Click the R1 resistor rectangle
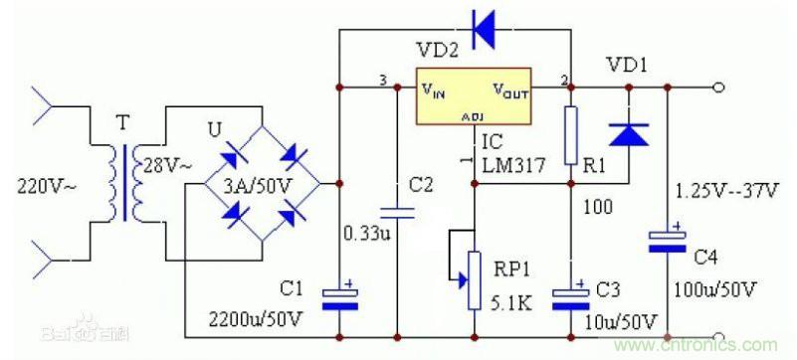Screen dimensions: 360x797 (x=570, y=137)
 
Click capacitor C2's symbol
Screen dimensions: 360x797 (x=397, y=211)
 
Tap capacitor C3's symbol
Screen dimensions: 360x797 (x=570, y=297)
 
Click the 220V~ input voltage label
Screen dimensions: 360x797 (x=46, y=184)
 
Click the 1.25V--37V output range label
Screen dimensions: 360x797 (x=724, y=189)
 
